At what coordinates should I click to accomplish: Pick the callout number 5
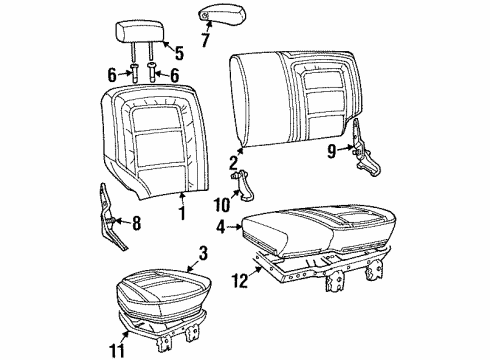tap(179, 54)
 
